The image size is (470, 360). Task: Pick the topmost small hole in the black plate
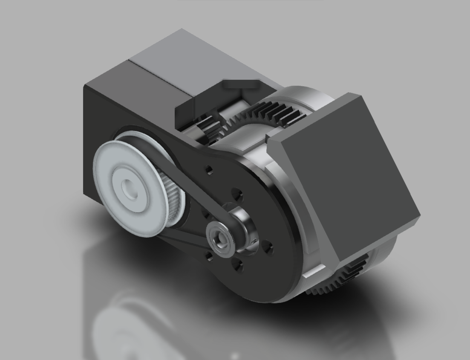click(208, 170)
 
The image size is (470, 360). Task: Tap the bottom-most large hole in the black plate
click(238, 267)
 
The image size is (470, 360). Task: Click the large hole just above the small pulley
click(237, 196)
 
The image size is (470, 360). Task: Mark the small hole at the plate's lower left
click(209, 256)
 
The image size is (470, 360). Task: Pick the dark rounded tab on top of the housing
click(241, 84)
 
